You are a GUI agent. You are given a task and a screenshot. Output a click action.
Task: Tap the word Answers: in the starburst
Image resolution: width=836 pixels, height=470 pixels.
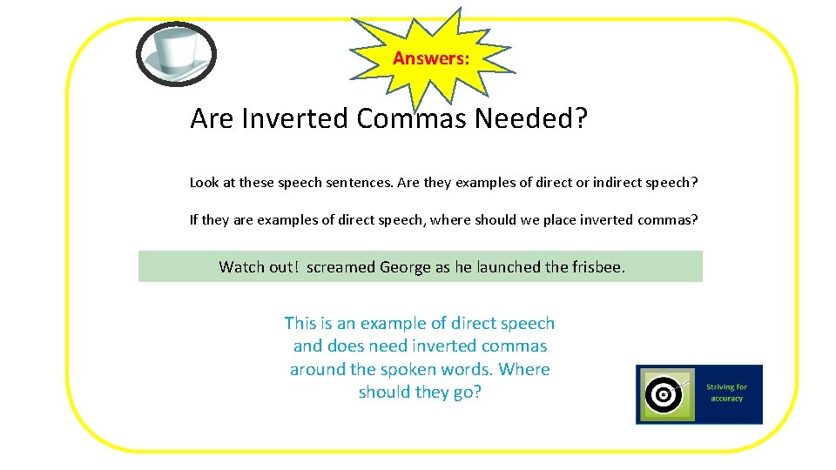[x=431, y=58]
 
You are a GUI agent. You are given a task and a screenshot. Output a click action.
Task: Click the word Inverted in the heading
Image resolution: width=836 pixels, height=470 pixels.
[x=296, y=117]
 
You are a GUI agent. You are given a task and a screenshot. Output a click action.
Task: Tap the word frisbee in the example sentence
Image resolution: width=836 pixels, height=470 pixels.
[x=597, y=267]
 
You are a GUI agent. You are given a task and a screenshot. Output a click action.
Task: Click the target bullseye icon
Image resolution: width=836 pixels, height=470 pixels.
[x=664, y=395]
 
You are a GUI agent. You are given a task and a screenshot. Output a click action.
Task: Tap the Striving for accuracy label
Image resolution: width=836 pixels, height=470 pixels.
[x=726, y=393]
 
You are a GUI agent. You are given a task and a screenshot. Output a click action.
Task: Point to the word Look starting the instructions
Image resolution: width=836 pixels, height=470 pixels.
[x=203, y=183]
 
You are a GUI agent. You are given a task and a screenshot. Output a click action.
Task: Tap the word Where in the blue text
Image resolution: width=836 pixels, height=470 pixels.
[x=524, y=369]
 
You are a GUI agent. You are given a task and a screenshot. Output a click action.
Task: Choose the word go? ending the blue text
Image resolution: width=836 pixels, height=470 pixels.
[x=465, y=392]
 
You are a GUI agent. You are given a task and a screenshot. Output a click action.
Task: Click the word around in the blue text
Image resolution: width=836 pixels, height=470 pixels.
[x=318, y=369]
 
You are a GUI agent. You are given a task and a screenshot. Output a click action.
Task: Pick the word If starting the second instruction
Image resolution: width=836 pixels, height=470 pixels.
[x=193, y=219]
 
